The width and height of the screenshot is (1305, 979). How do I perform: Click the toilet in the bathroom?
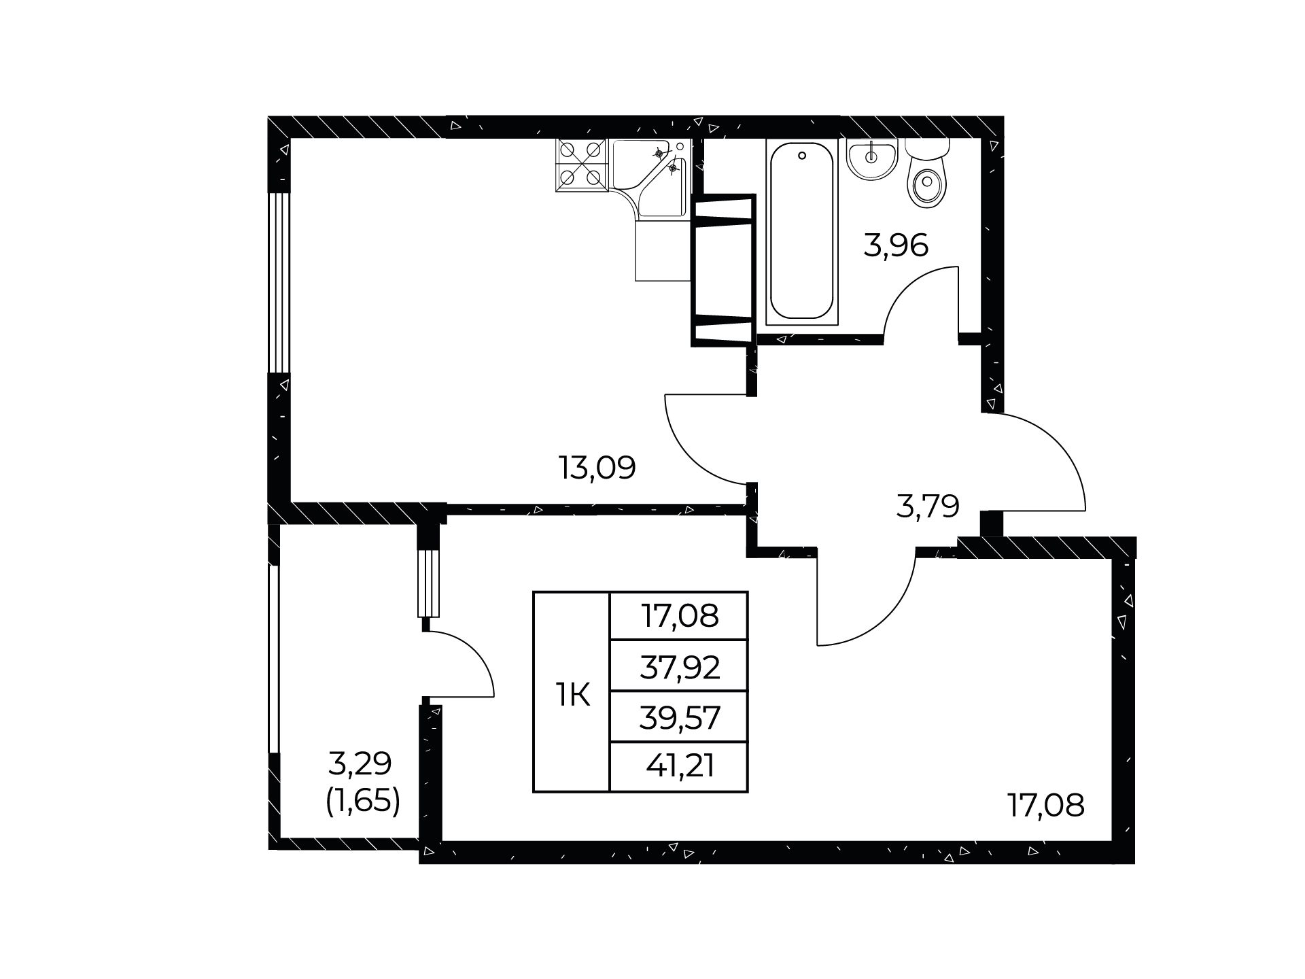(x=927, y=173)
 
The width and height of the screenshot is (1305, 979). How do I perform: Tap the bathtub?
(x=802, y=231)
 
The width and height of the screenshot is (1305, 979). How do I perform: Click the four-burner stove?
(x=582, y=165)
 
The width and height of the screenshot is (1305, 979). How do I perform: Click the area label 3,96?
(x=896, y=245)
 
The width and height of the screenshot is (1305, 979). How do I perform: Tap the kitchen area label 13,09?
(x=597, y=468)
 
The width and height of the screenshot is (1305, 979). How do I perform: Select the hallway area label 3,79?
(x=927, y=506)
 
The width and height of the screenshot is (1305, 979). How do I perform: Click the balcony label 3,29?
(x=360, y=764)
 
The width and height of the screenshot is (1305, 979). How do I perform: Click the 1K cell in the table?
(x=572, y=695)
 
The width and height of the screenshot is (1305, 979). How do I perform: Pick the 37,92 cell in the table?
(x=680, y=668)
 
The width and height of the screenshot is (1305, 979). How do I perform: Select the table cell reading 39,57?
(x=680, y=718)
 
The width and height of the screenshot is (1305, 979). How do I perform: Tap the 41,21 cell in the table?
(x=680, y=767)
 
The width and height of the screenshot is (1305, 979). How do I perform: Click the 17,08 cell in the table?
(x=680, y=617)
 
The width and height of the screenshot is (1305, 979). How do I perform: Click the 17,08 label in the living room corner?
(x=1045, y=806)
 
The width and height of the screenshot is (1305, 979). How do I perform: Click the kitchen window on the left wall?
(x=279, y=283)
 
